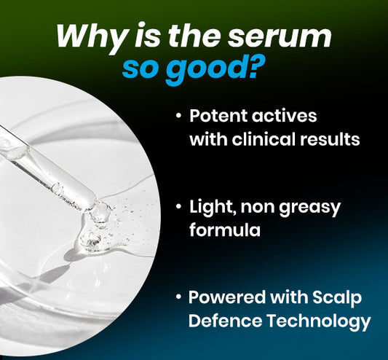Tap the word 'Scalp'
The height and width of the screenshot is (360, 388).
338,299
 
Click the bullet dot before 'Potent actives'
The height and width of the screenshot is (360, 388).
179,117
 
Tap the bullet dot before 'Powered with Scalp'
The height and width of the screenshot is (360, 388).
179,299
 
